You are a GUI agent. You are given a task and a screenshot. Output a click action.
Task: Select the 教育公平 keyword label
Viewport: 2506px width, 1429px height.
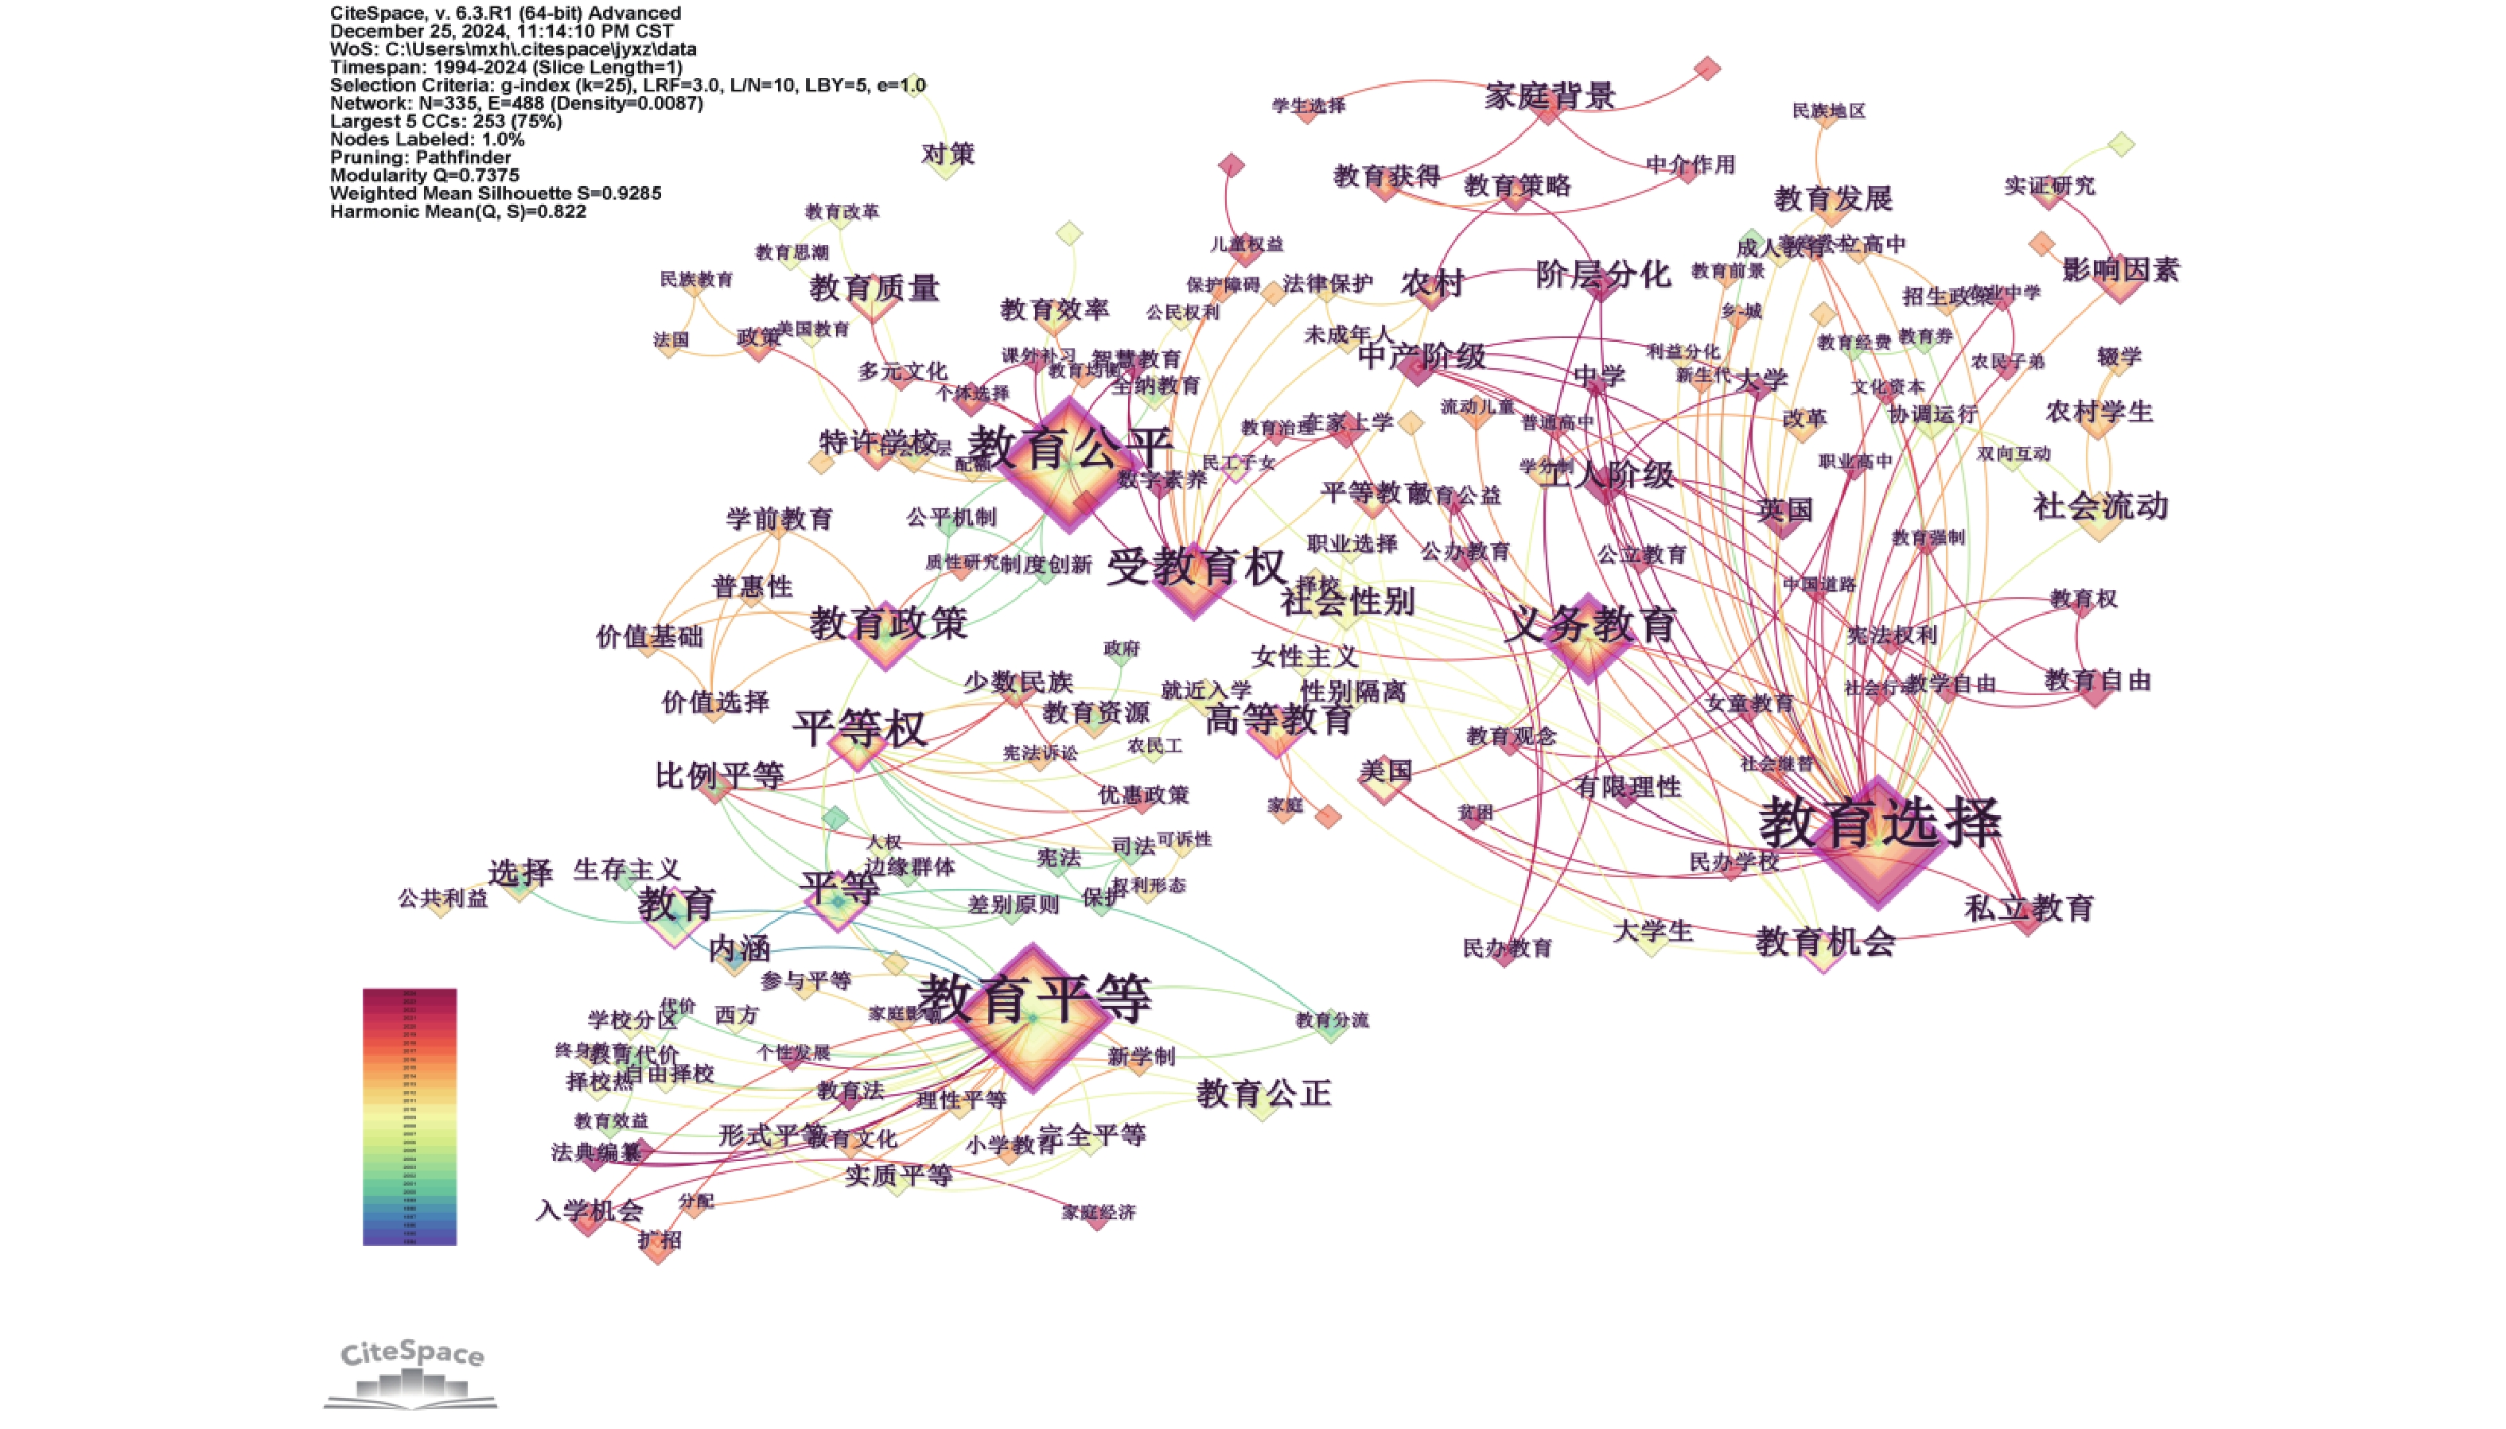click(x=1070, y=448)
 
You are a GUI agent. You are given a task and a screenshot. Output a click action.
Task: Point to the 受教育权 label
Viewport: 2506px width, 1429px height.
click(x=1196, y=567)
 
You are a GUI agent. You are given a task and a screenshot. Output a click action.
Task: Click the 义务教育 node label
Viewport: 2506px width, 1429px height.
click(x=1590, y=624)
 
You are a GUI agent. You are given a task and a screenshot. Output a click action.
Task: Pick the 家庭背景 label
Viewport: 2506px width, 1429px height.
click(x=1549, y=96)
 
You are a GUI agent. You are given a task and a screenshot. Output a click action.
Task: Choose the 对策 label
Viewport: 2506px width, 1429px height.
click(x=948, y=154)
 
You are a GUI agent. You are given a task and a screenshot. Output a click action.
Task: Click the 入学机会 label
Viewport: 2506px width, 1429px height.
click(x=589, y=1210)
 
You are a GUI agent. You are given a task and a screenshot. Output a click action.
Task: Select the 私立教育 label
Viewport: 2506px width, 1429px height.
click(x=2029, y=909)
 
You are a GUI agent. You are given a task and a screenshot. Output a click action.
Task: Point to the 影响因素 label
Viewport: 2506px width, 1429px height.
click(x=2120, y=270)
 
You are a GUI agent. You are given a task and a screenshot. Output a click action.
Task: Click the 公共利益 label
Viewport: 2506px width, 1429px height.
click(x=442, y=898)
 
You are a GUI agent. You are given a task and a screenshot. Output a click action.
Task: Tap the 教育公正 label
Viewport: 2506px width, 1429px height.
click(x=1263, y=1093)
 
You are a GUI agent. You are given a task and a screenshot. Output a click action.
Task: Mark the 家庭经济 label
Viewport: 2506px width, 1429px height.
click(x=1099, y=1212)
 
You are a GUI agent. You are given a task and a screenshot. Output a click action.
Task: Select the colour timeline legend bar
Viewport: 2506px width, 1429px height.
click(x=410, y=1117)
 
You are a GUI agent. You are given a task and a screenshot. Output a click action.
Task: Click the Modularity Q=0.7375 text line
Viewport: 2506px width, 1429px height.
click(x=424, y=176)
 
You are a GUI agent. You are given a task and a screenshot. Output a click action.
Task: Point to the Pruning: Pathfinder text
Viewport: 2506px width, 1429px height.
click(x=420, y=157)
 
